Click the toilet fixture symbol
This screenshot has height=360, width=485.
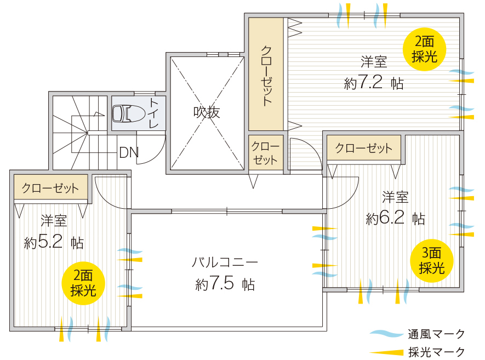click(129, 113)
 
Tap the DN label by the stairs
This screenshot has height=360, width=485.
click(129, 152)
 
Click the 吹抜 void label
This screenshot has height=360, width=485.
click(206, 112)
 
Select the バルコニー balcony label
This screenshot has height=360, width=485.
click(225, 262)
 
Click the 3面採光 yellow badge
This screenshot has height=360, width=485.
click(431, 261)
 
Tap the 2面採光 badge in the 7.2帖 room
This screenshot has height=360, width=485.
click(424, 49)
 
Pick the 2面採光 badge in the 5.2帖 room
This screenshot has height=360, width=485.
click(83, 283)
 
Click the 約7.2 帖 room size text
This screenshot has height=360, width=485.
click(374, 83)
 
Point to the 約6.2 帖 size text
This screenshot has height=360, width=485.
click(395, 218)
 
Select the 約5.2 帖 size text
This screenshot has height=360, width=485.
click(54, 242)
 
